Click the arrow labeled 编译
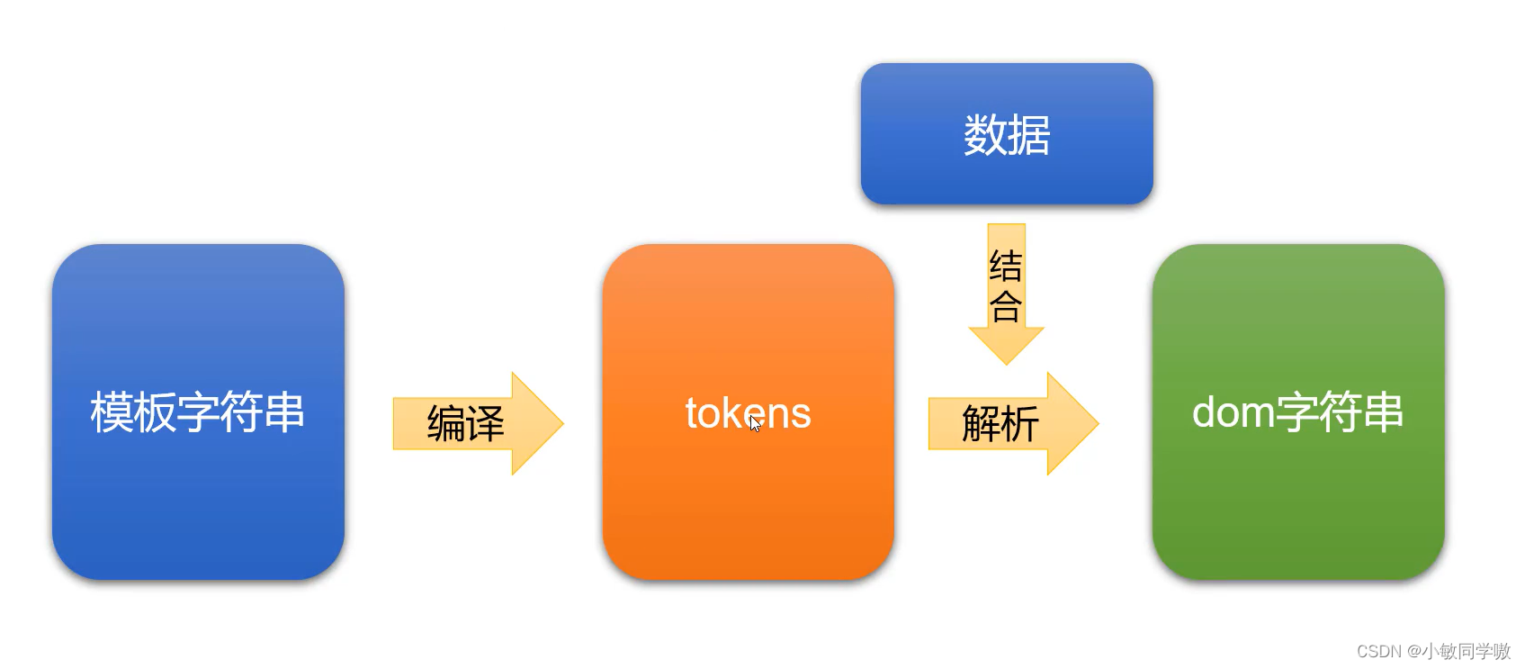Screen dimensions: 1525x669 (477, 423)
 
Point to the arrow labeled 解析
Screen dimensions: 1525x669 (1012, 423)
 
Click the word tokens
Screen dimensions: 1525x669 (748, 413)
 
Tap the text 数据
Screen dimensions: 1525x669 (1007, 135)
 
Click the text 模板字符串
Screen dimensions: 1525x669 (198, 411)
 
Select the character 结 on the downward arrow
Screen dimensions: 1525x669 (1006, 267)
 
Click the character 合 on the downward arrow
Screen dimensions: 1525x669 (1006, 306)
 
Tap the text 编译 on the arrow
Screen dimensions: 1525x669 (465, 423)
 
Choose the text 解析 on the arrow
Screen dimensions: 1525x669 (1000, 423)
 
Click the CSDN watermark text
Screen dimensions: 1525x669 (1378, 651)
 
